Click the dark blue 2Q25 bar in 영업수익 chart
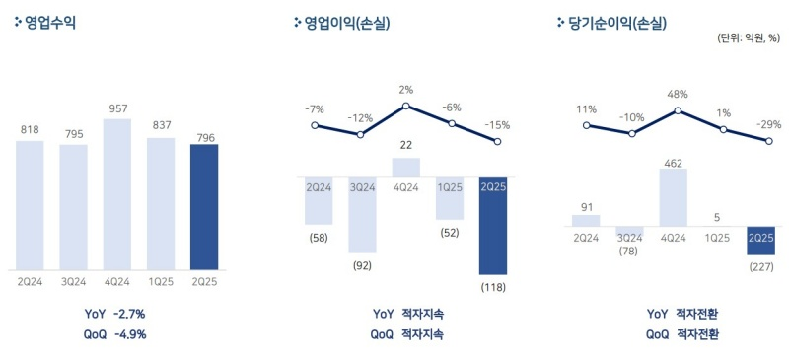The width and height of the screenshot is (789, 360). click(x=203, y=206)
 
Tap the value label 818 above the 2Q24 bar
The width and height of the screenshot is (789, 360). click(x=30, y=129)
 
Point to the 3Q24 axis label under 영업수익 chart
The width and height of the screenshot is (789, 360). click(x=73, y=281)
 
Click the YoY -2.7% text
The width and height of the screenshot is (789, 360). click(x=116, y=314)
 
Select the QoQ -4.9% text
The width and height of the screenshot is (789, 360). click(x=116, y=333)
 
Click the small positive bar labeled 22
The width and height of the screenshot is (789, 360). click(x=406, y=167)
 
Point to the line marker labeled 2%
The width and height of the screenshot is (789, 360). click(x=405, y=106)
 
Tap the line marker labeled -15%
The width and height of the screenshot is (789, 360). click(x=497, y=142)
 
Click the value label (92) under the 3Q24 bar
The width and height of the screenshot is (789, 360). click(x=362, y=264)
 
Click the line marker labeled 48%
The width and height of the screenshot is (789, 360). click(x=677, y=110)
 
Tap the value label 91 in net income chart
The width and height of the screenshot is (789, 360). click(x=586, y=206)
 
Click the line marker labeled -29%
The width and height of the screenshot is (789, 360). click(x=767, y=141)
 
